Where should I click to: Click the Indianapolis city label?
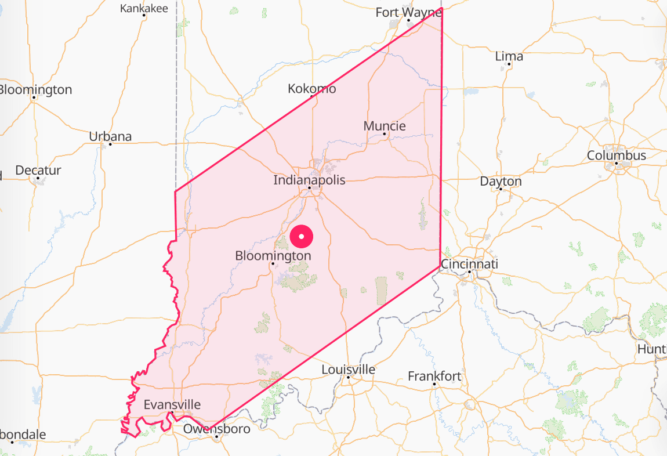[309, 180]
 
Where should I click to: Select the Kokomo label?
[312, 89]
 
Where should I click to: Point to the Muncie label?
[385, 126]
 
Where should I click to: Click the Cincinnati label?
[469, 264]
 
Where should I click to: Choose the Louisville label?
[348, 370]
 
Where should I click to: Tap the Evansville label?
[172, 404]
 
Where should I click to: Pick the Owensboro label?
[217, 429]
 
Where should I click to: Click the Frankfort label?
[434, 376]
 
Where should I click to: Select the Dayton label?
[501, 181]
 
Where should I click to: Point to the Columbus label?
[616, 155]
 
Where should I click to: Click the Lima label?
[509, 56]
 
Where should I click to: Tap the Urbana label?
[110, 136]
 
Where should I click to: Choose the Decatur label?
[38, 171]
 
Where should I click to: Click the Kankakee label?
[144, 8]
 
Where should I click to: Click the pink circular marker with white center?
[302, 236]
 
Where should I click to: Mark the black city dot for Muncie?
[385, 134]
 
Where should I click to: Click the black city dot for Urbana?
[110, 144]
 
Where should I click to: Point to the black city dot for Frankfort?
[434, 384]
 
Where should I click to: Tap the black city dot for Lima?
[509, 64]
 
